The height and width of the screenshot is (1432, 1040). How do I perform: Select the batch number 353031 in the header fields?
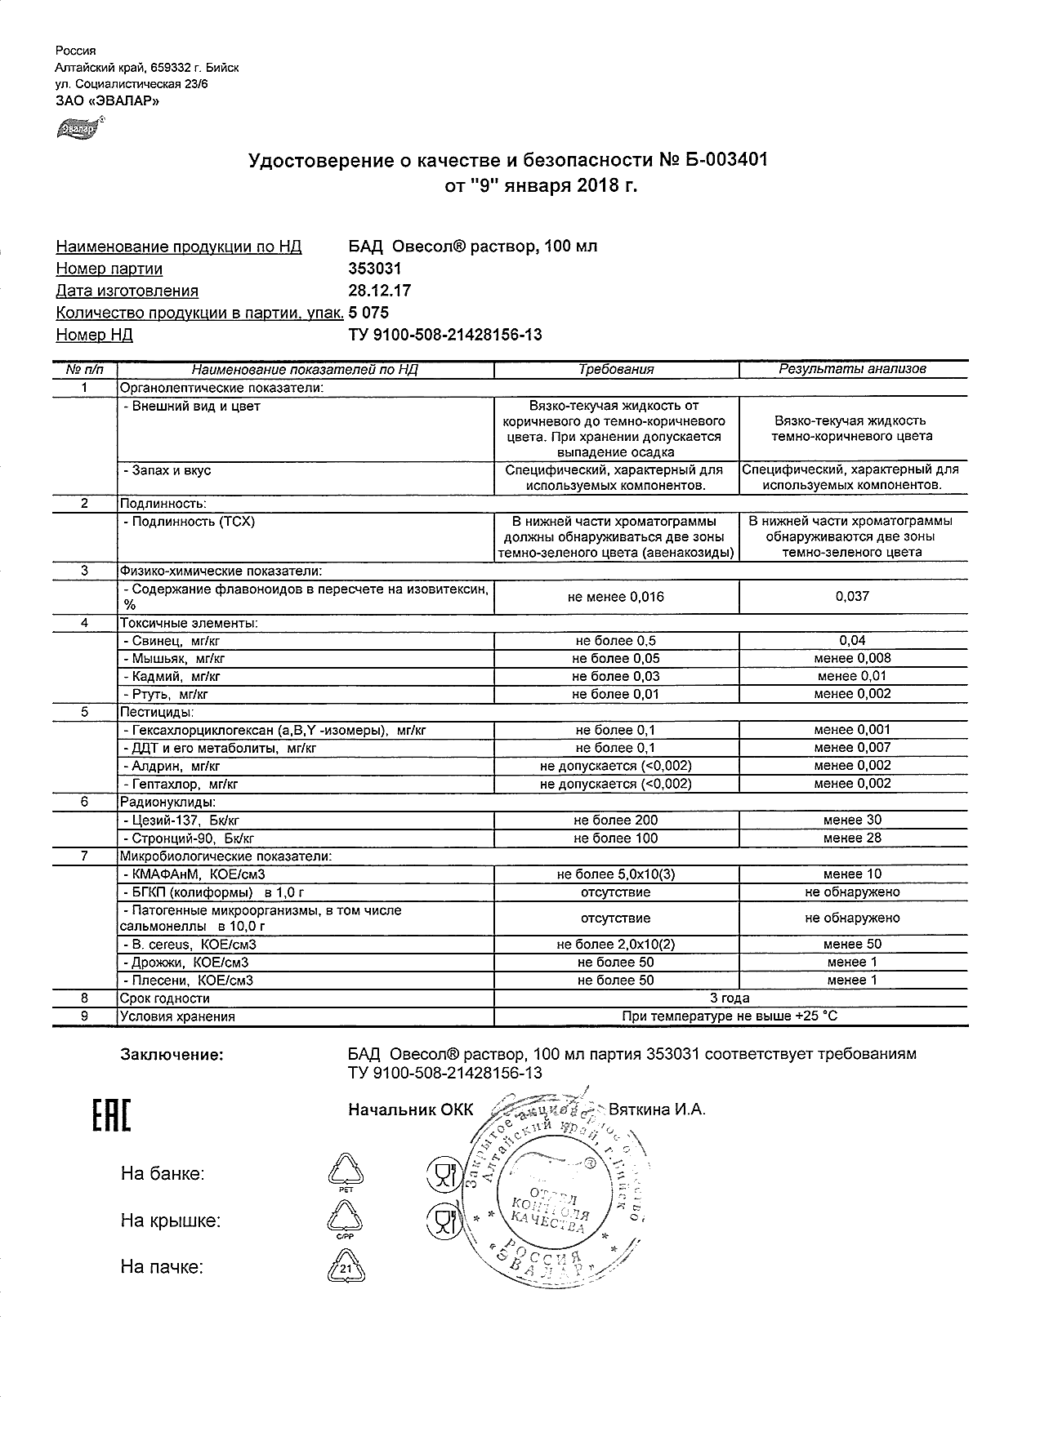tap(375, 269)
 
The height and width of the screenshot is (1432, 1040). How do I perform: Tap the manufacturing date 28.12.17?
tap(380, 291)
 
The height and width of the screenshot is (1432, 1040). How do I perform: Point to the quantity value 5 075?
tap(368, 313)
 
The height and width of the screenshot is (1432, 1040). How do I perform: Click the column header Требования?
tap(616, 370)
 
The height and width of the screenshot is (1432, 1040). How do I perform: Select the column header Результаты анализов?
tap(852, 369)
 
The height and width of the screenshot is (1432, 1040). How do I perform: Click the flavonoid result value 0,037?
tap(852, 597)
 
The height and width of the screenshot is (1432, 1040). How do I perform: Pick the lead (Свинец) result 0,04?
tap(852, 641)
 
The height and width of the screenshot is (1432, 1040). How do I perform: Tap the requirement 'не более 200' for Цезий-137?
tap(616, 821)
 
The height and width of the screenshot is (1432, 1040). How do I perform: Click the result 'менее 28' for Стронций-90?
tap(852, 838)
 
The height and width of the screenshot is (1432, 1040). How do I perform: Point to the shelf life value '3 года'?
tap(730, 998)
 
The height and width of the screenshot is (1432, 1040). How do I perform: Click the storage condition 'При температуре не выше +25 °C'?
tap(730, 1016)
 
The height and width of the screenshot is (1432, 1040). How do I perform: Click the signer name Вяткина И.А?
tap(657, 1110)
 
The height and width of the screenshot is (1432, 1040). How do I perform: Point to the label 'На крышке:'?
tap(170, 1221)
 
